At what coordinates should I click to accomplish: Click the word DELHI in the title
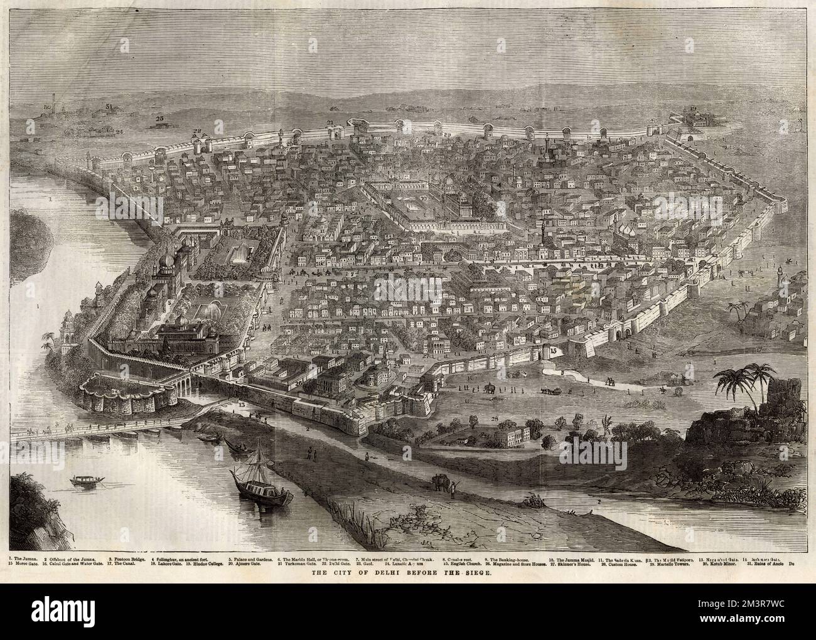pos(400,573)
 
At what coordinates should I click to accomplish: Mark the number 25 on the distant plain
pos(159,117)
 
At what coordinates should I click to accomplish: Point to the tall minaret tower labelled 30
pos(56,102)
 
